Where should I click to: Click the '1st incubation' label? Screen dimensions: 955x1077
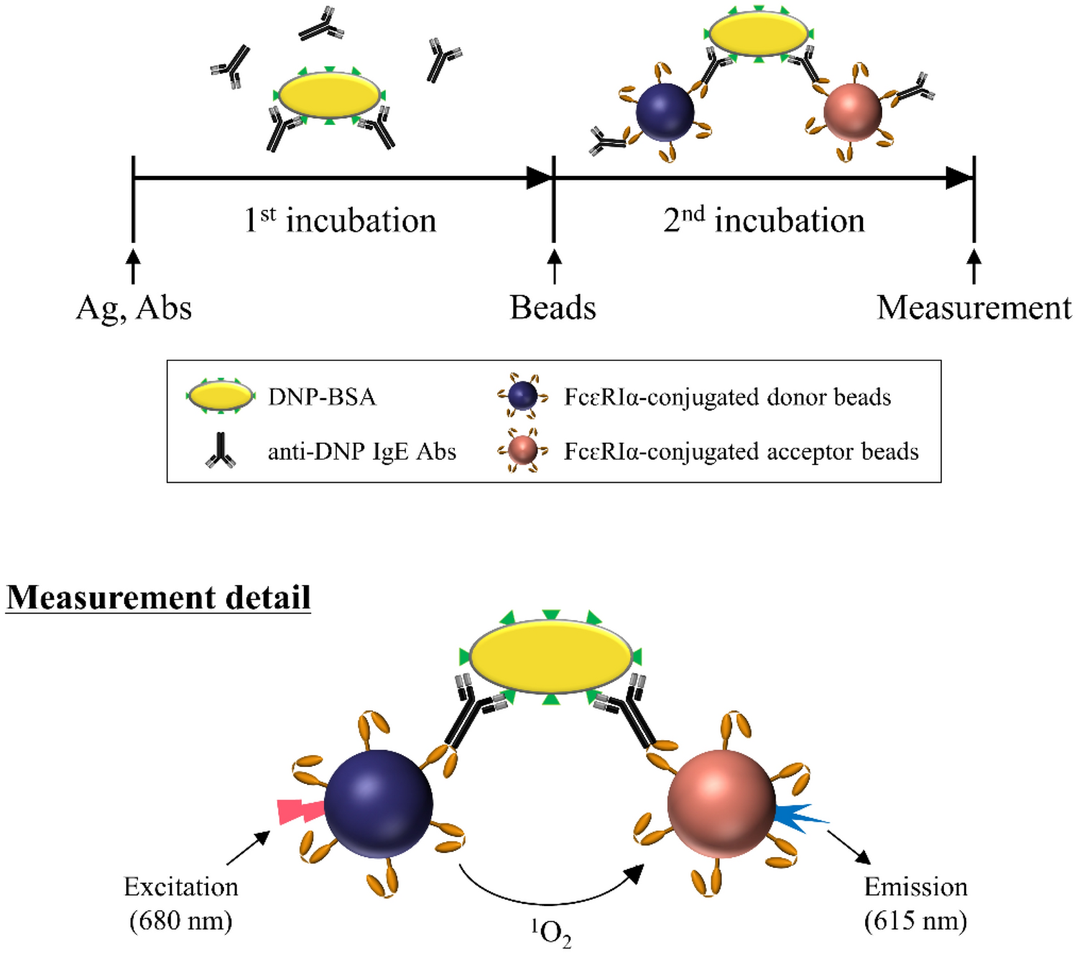pos(340,220)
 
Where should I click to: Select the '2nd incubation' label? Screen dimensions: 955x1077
pos(764,220)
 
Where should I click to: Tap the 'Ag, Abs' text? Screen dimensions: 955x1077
pos(134,308)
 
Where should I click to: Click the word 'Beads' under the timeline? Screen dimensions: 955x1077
pos(553,308)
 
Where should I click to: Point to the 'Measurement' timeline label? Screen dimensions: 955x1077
pos(974,308)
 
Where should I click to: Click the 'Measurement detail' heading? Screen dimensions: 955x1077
pos(159,598)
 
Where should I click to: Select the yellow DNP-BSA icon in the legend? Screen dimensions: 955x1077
pos(221,396)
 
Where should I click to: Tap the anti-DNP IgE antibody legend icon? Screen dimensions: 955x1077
pos(221,451)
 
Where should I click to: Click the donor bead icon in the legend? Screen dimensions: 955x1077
pos(522,395)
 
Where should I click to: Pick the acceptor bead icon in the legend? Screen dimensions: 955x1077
pos(522,451)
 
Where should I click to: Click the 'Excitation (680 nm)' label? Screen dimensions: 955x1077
pos(181,903)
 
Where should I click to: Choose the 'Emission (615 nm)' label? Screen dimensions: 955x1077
pos(916,903)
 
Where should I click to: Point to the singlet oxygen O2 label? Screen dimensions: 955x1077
pos(552,933)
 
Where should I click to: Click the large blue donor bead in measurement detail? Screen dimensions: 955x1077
pos(379,804)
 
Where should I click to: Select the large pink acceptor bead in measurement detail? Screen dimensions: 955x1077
pos(721,804)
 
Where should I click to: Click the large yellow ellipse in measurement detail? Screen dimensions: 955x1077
pos(550,657)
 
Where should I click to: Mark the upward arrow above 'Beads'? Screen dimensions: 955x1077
pos(554,266)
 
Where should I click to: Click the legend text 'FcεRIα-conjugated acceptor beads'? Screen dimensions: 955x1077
pos(741,451)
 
